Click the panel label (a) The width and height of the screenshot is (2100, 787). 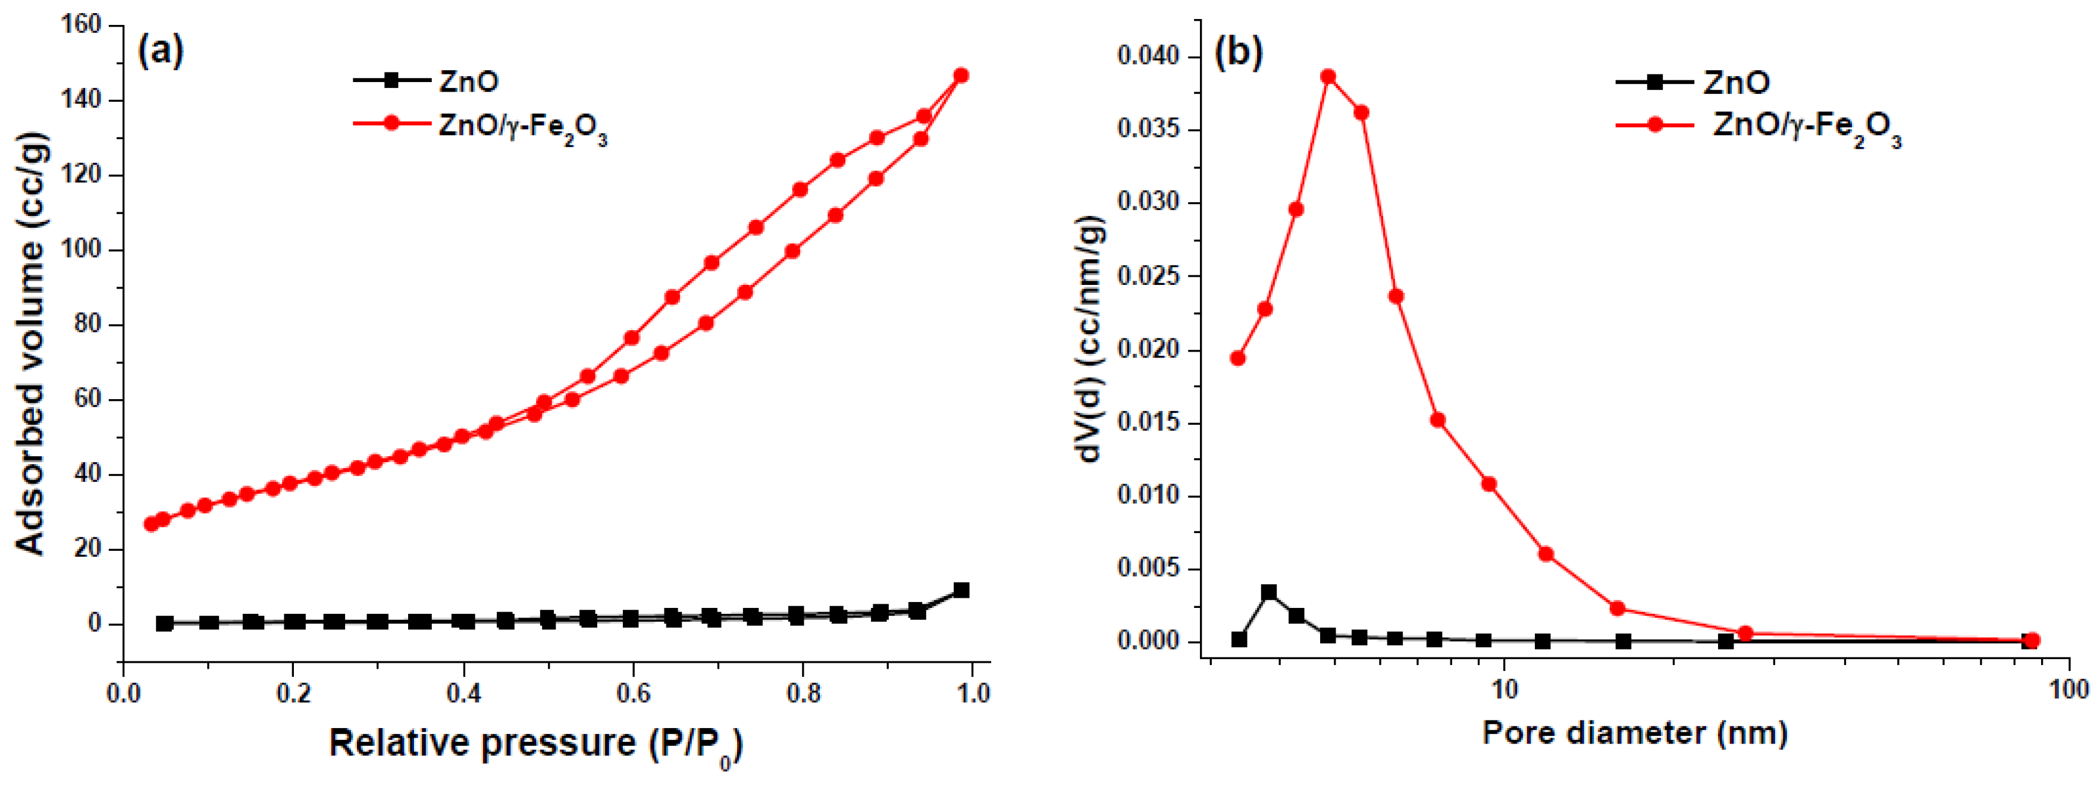tap(161, 51)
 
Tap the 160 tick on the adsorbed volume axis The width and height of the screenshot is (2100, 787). tap(82, 24)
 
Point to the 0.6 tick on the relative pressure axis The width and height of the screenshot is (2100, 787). tap(632, 694)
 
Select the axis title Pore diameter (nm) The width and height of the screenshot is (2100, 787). tap(1635, 732)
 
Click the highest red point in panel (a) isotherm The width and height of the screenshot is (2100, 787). tap(961, 75)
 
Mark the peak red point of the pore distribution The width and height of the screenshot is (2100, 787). tap(1328, 77)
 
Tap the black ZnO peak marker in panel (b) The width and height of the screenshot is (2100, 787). tap(1268, 592)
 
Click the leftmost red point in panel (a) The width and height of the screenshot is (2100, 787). tap(151, 523)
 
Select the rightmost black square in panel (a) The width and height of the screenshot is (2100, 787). tap(961, 590)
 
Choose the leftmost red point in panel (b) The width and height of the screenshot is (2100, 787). tap(1237, 358)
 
